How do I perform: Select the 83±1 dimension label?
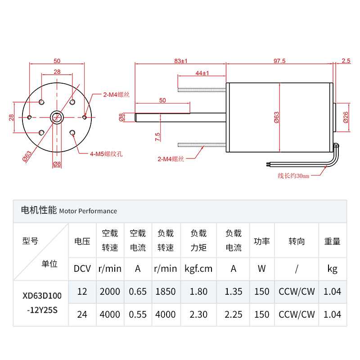click(180, 61)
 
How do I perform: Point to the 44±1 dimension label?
click(202, 73)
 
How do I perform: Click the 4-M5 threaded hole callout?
click(106, 154)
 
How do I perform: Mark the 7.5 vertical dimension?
click(157, 137)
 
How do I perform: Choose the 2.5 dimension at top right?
click(346, 61)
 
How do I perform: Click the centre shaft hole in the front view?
click(57, 117)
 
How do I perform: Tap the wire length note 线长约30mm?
click(293, 175)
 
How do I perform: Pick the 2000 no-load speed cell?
click(110, 291)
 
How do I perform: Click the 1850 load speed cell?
click(166, 291)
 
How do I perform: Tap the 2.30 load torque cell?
click(198, 314)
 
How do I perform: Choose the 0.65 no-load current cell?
click(138, 291)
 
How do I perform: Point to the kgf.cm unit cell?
click(198, 269)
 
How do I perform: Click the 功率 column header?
click(261, 241)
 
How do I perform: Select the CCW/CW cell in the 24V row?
click(297, 314)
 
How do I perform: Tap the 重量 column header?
click(333, 241)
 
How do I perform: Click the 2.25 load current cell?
click(234, 314)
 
